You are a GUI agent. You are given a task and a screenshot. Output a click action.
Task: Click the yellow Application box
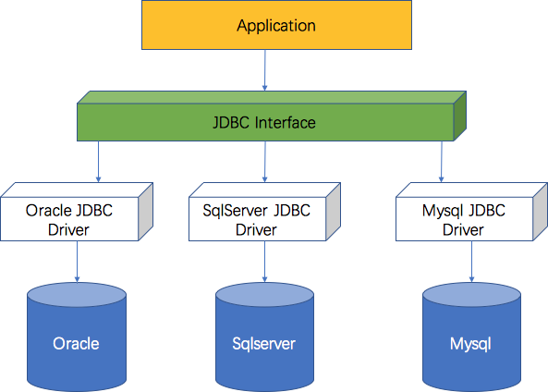(x=276, y=25)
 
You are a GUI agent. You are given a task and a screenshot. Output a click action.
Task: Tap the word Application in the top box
(x=276, y=26)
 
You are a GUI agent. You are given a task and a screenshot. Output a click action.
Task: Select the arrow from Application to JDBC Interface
(x=265, y=70)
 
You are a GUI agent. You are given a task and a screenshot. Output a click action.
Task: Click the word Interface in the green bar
(x=286, y=123)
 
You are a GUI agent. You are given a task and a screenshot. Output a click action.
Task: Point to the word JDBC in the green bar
(x=231, y=123)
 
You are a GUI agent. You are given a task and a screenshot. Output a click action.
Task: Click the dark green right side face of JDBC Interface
(x=459, y=116)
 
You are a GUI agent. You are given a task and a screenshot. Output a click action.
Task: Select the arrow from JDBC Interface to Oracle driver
(x=98, y=162)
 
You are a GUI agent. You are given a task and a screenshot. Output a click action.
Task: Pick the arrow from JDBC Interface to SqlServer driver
(x=265, y=162)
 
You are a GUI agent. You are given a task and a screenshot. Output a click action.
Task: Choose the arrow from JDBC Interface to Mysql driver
(x=442, y=162)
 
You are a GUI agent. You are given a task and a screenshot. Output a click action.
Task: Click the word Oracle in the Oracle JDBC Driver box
(x=49, y=211)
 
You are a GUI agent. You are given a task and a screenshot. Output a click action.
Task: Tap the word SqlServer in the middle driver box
(x=235, y=211)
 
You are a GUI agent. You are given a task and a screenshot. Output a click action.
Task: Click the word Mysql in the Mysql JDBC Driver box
(x=444, y=211)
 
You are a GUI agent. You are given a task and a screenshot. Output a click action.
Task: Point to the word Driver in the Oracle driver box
(x=68, y=229)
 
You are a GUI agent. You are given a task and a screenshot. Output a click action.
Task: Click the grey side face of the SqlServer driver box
(x=333, y=212)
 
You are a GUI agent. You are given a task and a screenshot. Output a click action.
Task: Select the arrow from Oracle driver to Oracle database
(x=78, y=262)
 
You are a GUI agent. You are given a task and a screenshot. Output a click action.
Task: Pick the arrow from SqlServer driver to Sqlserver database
(x=264, y=262)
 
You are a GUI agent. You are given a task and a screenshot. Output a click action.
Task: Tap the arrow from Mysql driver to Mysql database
(x=472, y=262)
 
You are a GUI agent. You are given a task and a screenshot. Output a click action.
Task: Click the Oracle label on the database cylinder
(x=76, y=343)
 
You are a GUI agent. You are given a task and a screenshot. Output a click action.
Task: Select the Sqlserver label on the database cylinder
(x=264, y=344)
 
